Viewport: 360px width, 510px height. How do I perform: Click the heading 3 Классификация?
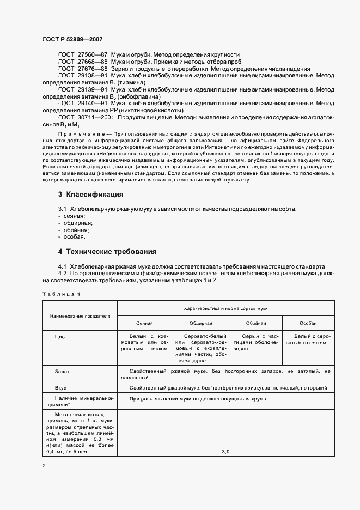tap(90, 195)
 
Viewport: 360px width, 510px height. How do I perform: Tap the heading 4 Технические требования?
tap(107, 252)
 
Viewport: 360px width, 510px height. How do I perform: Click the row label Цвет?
tap(62, 337)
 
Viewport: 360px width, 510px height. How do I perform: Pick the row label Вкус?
tap(61, 388)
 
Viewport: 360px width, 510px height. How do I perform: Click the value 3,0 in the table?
tap(226, 452)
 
